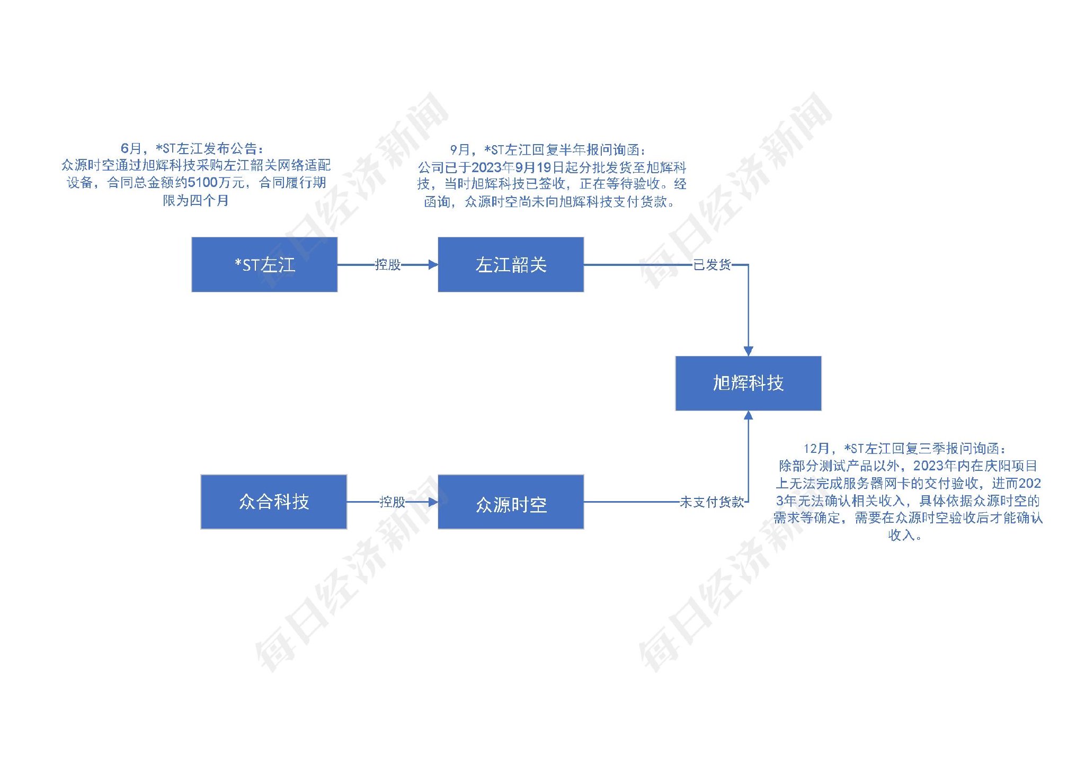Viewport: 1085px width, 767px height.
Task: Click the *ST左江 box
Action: (x=264, y=264)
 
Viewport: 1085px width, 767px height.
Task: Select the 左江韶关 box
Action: (x=511, y=264)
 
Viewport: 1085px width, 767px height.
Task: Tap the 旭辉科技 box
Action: (x=748, y=383)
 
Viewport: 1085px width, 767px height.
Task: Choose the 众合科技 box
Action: (x=273, y=502)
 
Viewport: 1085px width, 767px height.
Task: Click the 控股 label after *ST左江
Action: (x=387, y=264)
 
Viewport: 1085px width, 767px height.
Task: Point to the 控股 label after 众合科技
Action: (x=392, y=502)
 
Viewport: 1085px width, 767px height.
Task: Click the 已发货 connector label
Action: (x=712, y=264)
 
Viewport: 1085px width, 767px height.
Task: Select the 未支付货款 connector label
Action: (x=712, y=502)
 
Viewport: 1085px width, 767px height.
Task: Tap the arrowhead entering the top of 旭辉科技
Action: (x=748, y=351)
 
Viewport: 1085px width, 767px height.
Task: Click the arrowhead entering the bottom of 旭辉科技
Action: (x=748, y=416)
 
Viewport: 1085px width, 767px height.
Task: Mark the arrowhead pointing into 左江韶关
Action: (x=433, y=264)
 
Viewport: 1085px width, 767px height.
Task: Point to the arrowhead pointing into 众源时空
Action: (x=433, y=502)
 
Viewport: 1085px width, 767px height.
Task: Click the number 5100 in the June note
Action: (x=203, y=183)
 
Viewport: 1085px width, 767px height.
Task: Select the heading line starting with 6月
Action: (x=192, y=148)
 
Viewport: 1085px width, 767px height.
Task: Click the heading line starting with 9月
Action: (x=548, y=150)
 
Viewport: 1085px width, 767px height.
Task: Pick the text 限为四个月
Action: (x=195, y=200)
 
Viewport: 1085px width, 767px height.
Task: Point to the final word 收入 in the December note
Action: (x=901, y=535)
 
